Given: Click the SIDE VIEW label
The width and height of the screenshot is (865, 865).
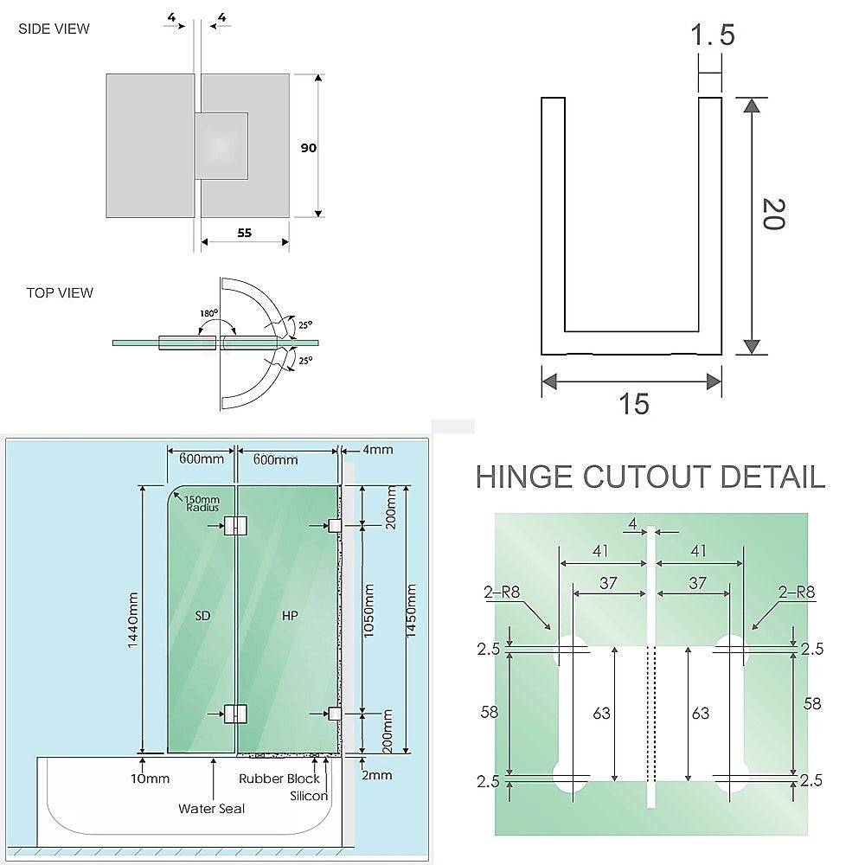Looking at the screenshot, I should (54, 29).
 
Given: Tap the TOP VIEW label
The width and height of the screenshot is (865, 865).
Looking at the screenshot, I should (60, 292).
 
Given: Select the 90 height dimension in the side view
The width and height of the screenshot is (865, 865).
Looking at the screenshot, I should (308, 148).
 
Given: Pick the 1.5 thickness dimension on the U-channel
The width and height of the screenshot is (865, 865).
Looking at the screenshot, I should (712, 36).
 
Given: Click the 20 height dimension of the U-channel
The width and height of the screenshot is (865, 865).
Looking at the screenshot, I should (772, 214).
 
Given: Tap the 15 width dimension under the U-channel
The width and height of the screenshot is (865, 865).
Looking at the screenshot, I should (633, 404).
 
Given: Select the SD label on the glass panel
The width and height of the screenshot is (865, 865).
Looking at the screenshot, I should (202, 615).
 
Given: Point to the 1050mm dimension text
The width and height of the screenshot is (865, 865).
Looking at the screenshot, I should (369, 619).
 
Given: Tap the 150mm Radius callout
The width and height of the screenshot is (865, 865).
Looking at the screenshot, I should (202, 503).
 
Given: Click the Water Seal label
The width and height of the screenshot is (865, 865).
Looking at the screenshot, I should (212, 809).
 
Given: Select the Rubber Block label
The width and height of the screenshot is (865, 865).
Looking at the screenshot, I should (279, 778).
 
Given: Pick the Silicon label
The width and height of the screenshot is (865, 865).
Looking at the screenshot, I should (309, 796).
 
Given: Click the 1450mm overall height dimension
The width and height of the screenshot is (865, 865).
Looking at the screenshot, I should (412, 619).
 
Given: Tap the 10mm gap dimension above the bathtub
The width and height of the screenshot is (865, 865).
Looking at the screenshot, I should (150, 778).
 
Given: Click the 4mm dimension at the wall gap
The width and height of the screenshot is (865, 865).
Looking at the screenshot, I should (378, 449).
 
